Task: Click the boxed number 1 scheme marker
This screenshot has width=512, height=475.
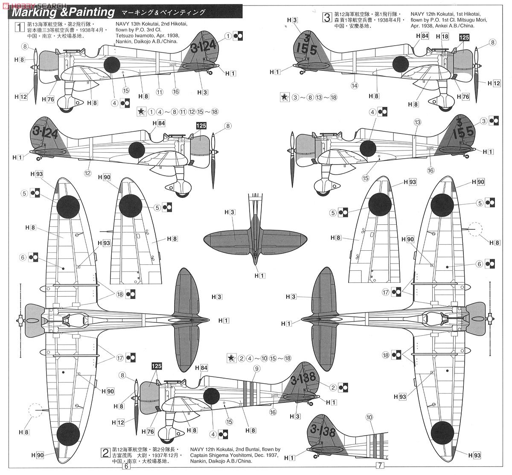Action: [x=18, y=28]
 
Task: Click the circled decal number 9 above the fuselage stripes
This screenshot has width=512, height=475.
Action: [x=256, y=368]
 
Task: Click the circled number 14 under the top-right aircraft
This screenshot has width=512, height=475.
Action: [x=355, y=85]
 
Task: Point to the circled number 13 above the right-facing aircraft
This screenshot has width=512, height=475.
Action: [x=417, y=122]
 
